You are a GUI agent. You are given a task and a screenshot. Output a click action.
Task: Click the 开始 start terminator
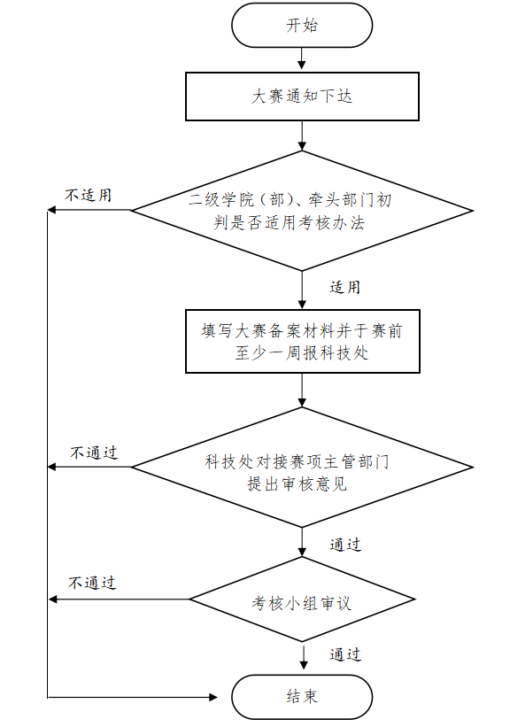tap(302, 25)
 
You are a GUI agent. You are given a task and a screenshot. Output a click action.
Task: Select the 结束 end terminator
tap(302, 697)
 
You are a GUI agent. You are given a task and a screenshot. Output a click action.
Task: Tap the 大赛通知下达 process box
tap(302, 97)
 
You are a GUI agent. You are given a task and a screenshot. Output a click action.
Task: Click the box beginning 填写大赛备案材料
tap(302, 341)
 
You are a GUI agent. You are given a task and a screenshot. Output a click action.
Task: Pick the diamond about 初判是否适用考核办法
tap(302, 211)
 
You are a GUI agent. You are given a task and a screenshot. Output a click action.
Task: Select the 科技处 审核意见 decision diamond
tap(302, 468)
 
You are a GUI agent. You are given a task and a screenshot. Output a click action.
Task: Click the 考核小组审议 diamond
tap(302, 599)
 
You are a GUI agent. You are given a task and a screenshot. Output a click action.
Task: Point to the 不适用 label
tap(88, 195)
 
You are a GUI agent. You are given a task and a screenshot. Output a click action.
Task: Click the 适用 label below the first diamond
tap(345, 288)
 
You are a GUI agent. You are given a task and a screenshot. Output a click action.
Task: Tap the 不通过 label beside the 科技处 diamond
tap(94, 452)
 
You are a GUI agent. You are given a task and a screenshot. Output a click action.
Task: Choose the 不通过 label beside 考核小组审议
tap(92, 583)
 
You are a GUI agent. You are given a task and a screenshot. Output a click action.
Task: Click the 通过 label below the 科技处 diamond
tap(345, 545)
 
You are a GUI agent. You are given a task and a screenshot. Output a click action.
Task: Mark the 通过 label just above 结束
tap(345, 654)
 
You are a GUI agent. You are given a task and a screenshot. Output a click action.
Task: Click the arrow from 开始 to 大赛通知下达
tap(302, 59)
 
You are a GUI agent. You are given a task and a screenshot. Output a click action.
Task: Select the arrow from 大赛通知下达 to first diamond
tap(302, 135)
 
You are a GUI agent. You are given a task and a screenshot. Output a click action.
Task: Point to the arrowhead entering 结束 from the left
tap(213, 697)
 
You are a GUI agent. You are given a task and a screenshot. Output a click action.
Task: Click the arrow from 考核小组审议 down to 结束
tap(304, 656)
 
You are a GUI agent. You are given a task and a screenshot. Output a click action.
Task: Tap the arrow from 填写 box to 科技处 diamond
tap(302, 390)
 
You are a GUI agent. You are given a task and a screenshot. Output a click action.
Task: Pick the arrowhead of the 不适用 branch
tap(52, 210)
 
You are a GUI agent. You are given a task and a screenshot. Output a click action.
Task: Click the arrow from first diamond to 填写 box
tap(302, 290)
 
